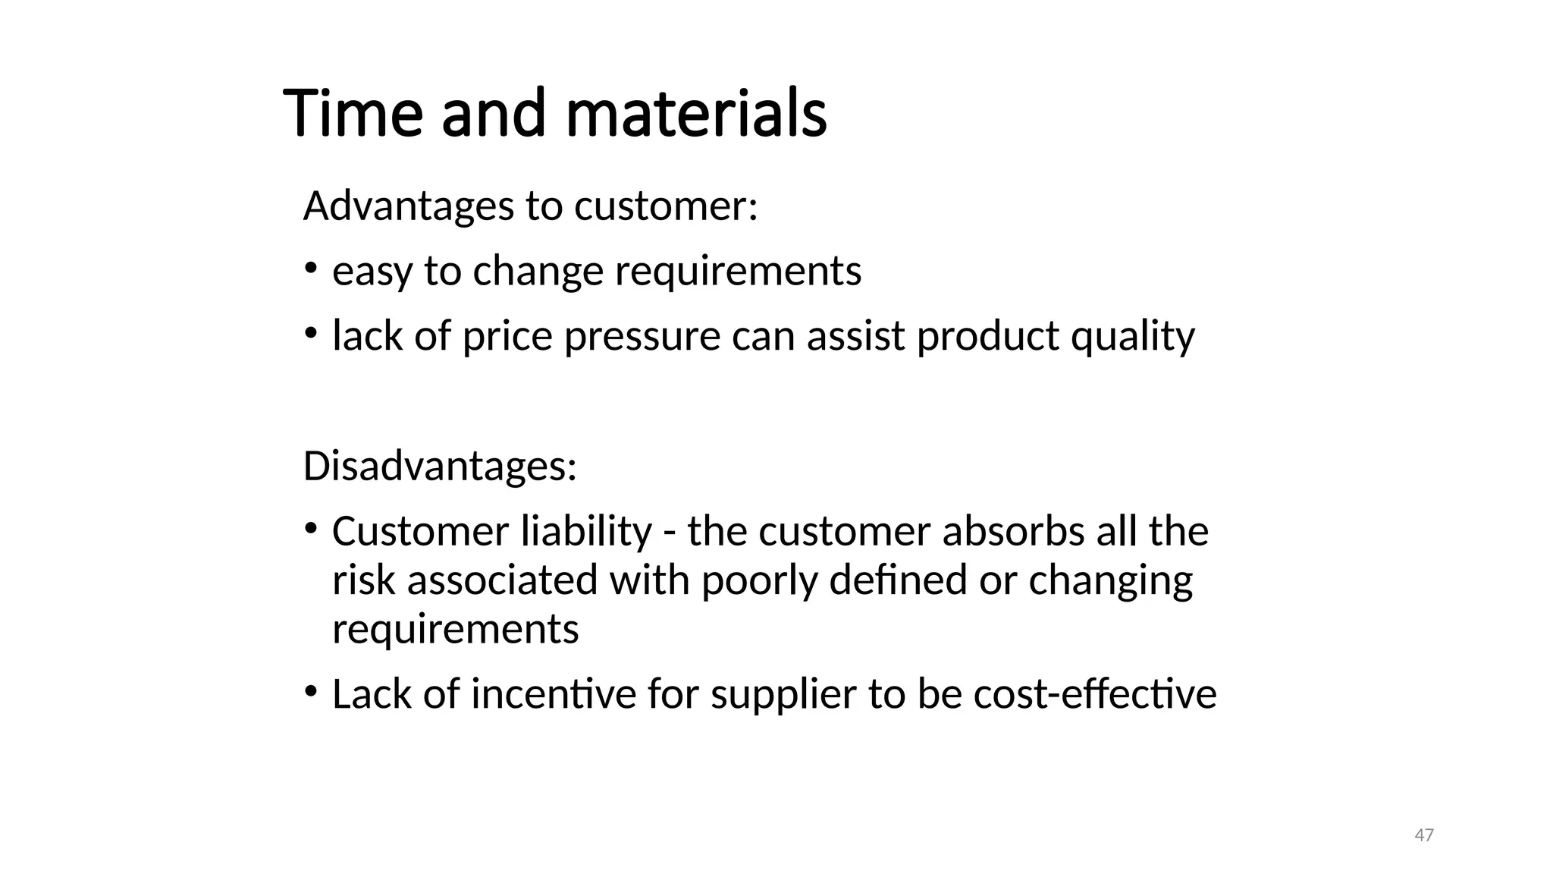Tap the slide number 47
point(1424,835)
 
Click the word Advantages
point(409,206)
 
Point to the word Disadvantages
point(440,466)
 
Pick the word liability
point(586,531)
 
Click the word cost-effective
point(1095,694)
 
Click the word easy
point(372,272)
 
